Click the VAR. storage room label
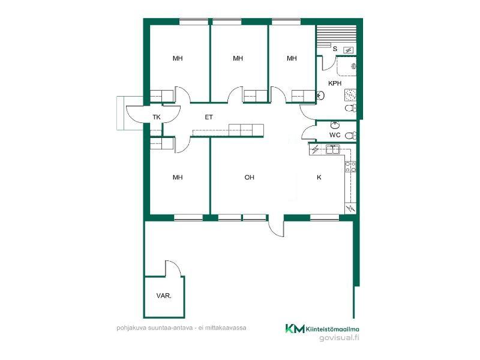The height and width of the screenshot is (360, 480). coord(164,296)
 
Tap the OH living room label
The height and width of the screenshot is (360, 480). coord(249,177)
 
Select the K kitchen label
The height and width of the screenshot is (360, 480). coord(319,177)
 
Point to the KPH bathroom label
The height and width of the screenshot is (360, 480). coord(335,83)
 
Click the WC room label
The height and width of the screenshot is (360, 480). coord(335,135)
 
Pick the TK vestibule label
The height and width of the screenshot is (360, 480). coord(157,117)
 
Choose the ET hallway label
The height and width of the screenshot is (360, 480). coord(209,117)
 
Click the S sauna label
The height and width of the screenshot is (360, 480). coord(335,49)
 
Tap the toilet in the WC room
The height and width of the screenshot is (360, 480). coord(350,136)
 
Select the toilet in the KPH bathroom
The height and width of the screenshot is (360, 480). coord(350,108)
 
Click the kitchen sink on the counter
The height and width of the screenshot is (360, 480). coord(332,149)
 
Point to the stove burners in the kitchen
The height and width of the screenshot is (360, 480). coord(350,167)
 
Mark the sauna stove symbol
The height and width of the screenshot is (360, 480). coord(348,50)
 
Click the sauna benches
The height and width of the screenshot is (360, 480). coord(336,37)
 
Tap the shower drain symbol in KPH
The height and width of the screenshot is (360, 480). coord(350,95)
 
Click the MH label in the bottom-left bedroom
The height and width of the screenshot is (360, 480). coord(178,177)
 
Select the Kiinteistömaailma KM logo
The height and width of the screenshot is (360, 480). coord(322,329)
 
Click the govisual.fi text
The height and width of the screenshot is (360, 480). coord(339,338)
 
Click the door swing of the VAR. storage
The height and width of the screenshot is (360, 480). coord(172,268)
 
